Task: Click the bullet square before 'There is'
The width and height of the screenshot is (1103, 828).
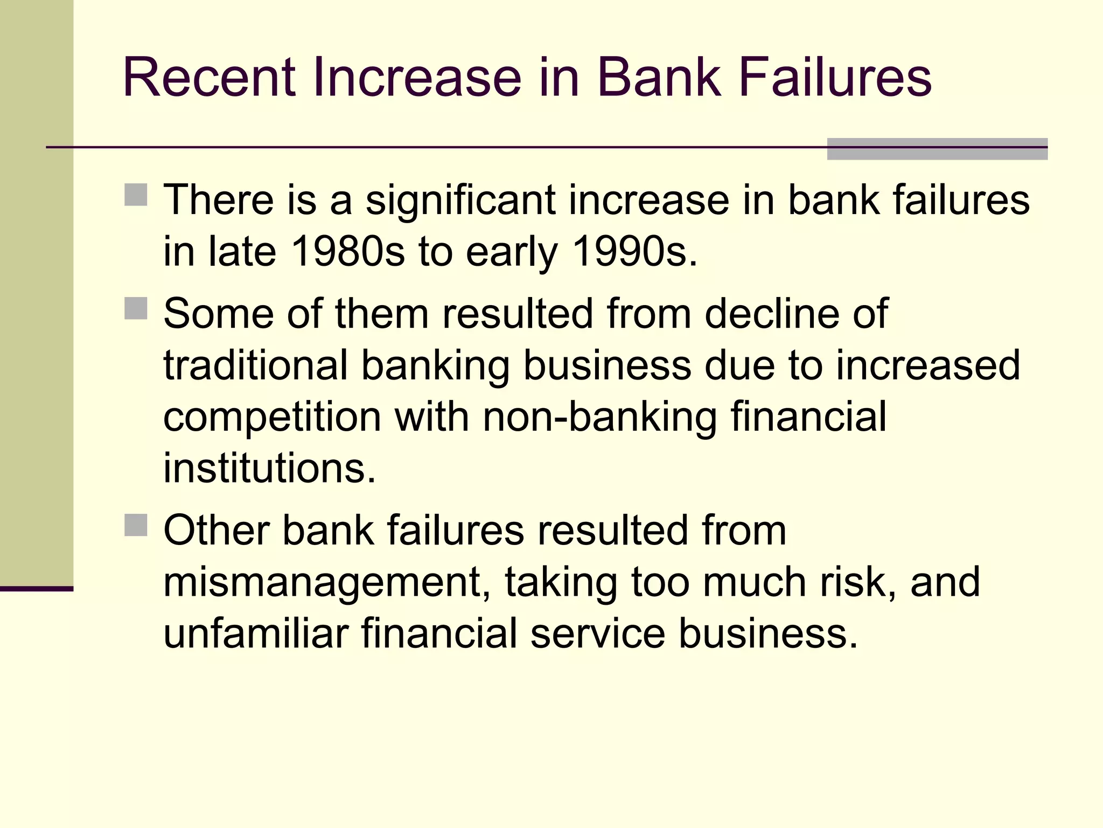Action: click(136, 195)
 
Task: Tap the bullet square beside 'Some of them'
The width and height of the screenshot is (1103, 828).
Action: click(136, 308)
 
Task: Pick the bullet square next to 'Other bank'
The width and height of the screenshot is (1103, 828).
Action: click(136, 525)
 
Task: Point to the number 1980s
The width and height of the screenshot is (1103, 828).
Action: click(347, 251)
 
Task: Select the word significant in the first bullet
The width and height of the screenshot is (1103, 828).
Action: click(460, 200)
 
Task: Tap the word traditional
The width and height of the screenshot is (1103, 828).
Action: click(255, 365)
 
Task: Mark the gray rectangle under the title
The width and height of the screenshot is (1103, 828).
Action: click(937, 149)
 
